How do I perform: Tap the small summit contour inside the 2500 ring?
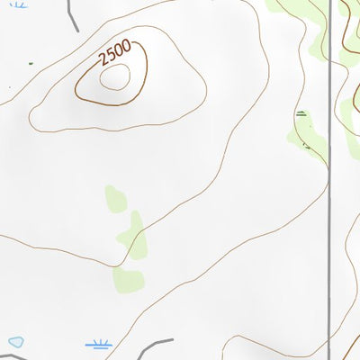pyautogui.click(x=114, y=78)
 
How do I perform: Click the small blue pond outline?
pyautogui.click(x=15, y=342)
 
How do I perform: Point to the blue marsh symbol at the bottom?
pyautogui.click(x=98, y=344)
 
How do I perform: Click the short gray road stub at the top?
pyautogui.click(x=72, y=9)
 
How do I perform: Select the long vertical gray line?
pyautogui.click(x=329, y=180)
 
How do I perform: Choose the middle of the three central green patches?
pyautogui.click(x=133, y=236)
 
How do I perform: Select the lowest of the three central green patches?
pyautogui.click(x=128, y=277)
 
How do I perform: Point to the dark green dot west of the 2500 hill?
pyautogui.click(x=30, y=63)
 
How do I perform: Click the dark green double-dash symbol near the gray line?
pyautogui.click(x=301, y=113)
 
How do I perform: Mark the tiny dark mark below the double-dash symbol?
pyautogui.click(x=306, y=145)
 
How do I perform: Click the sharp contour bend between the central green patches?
pyautogui.click(x=115, y=266)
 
